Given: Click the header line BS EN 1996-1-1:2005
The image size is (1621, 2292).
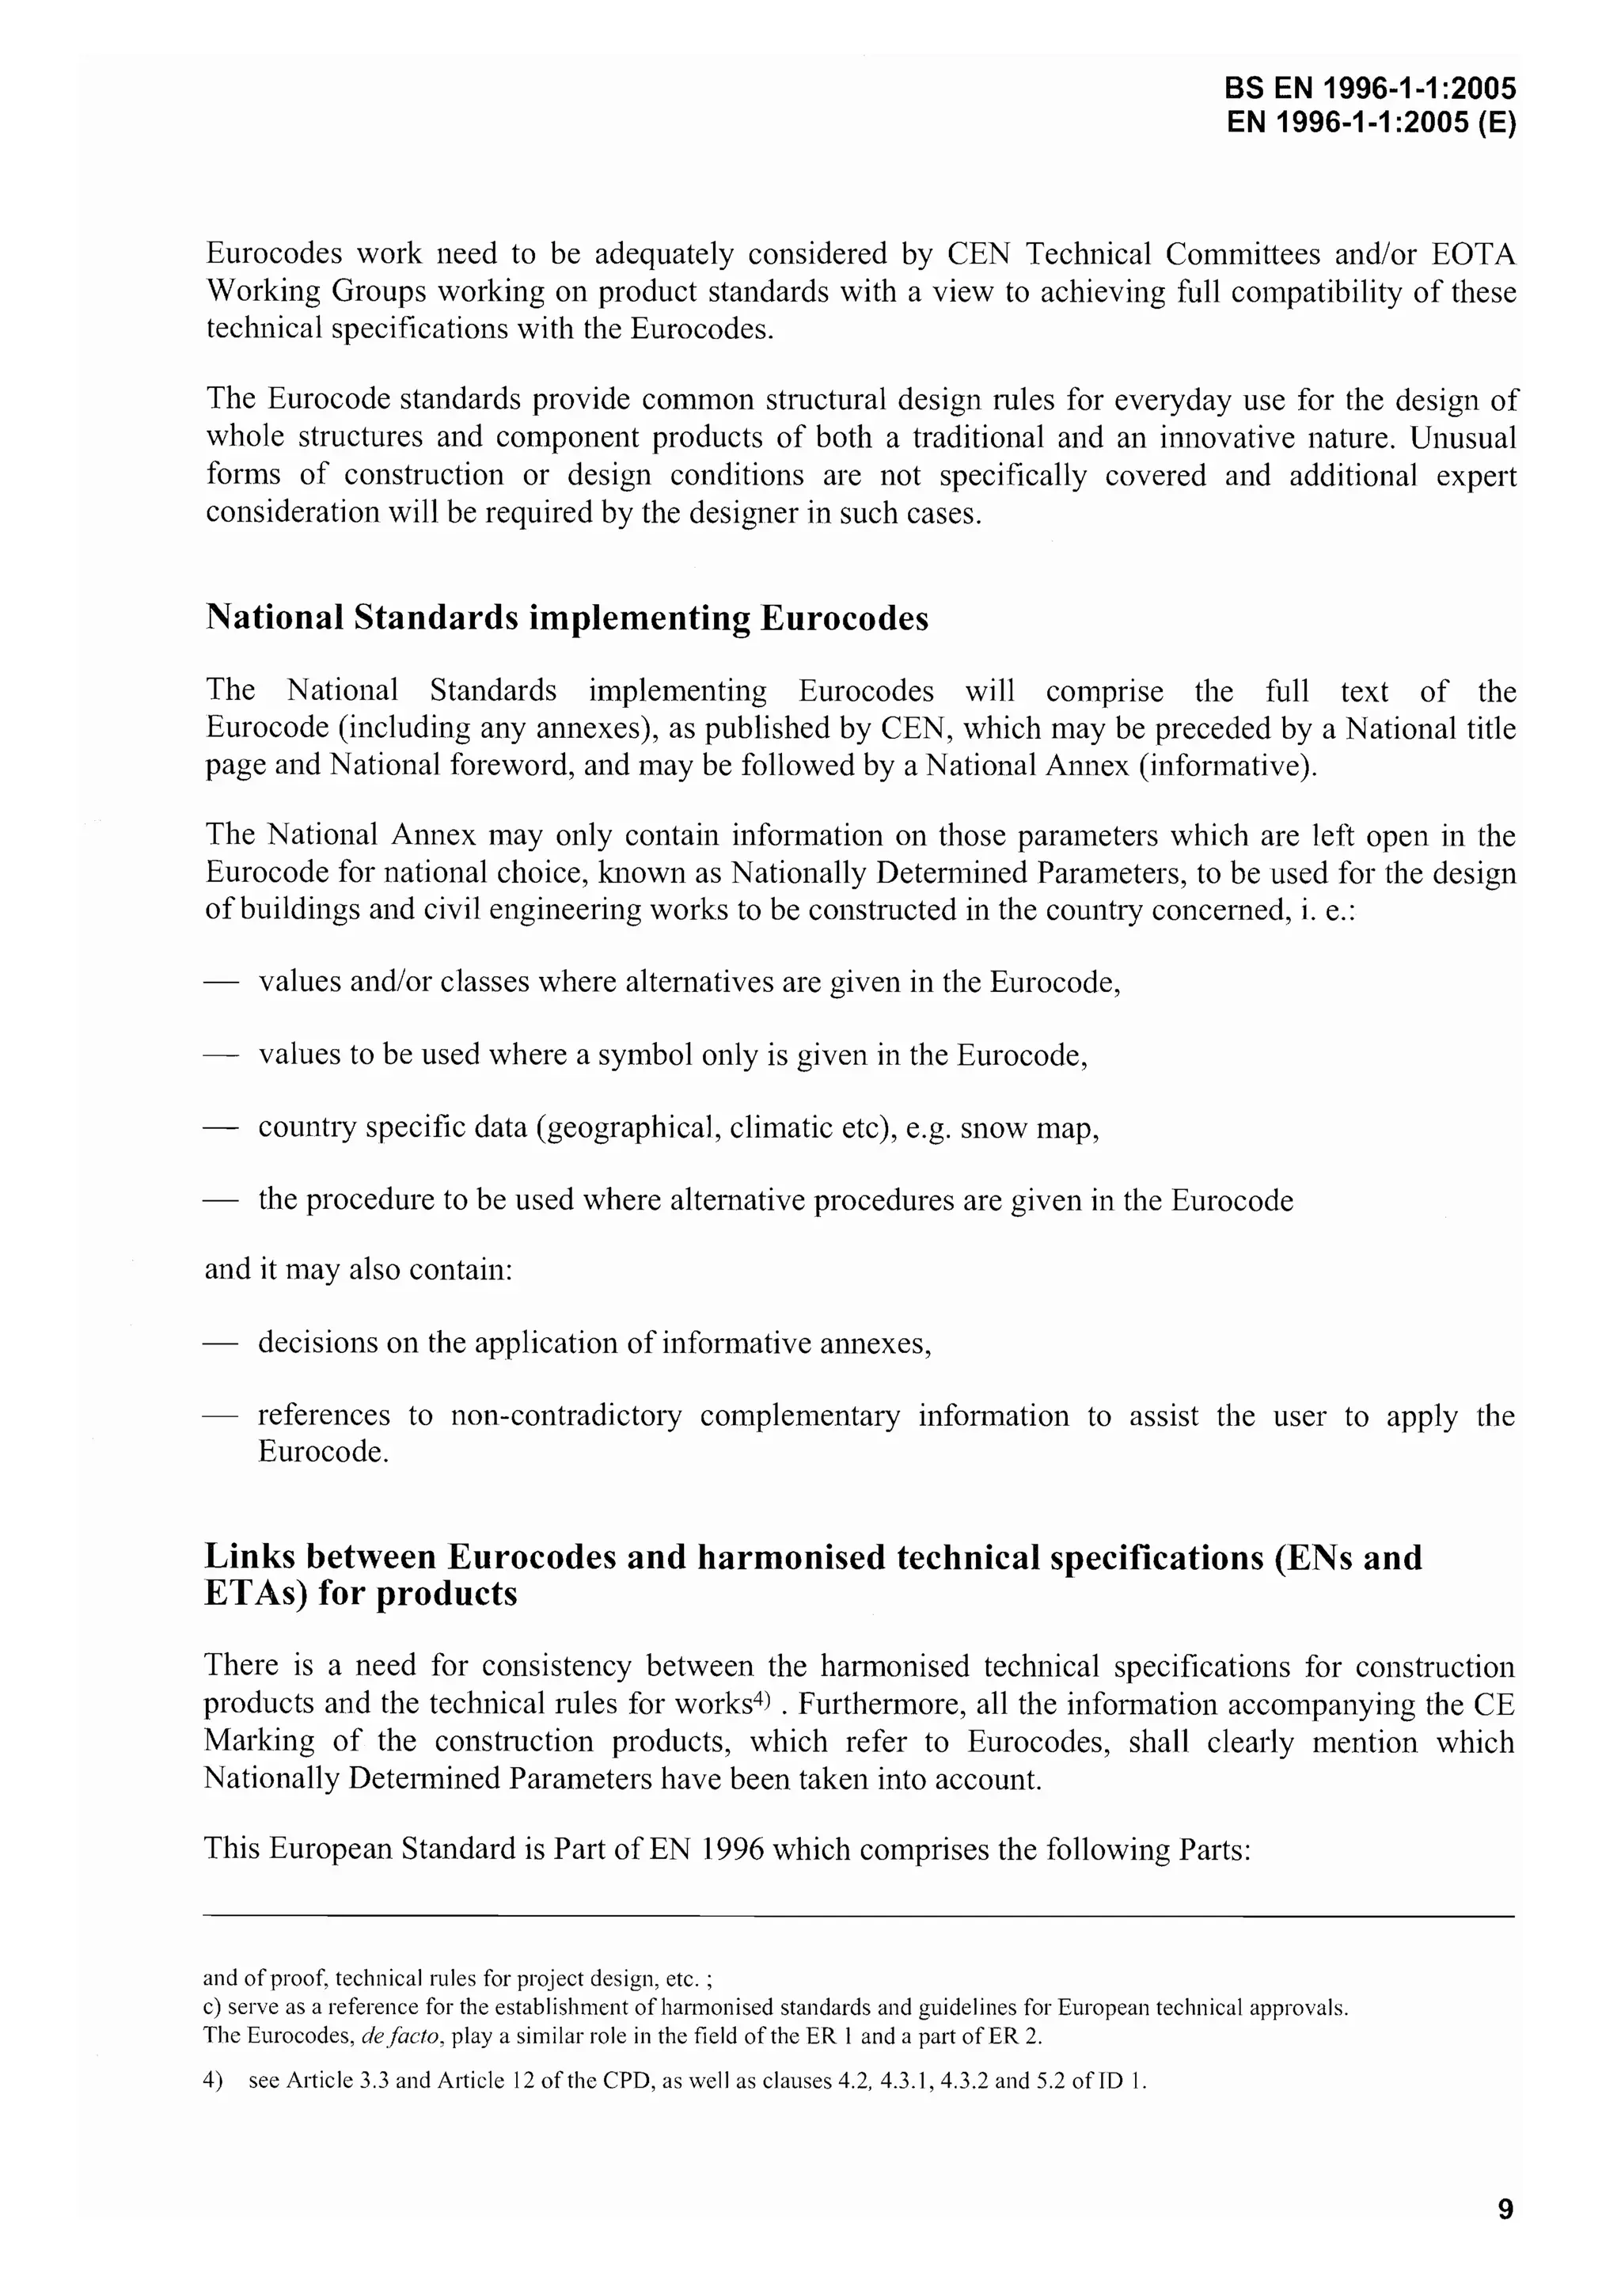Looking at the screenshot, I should pos(1369,89).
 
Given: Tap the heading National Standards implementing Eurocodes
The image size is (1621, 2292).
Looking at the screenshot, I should pos(566,618).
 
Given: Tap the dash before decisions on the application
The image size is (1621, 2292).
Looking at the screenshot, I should pos(222,1344).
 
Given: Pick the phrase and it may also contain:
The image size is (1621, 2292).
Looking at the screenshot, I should pos(359,1270).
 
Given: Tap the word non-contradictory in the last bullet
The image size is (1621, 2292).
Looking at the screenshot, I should pos(566,1416).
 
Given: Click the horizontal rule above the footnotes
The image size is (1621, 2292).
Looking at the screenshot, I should pos(859,1916).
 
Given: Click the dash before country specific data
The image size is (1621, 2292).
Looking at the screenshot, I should pos(222,1128).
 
